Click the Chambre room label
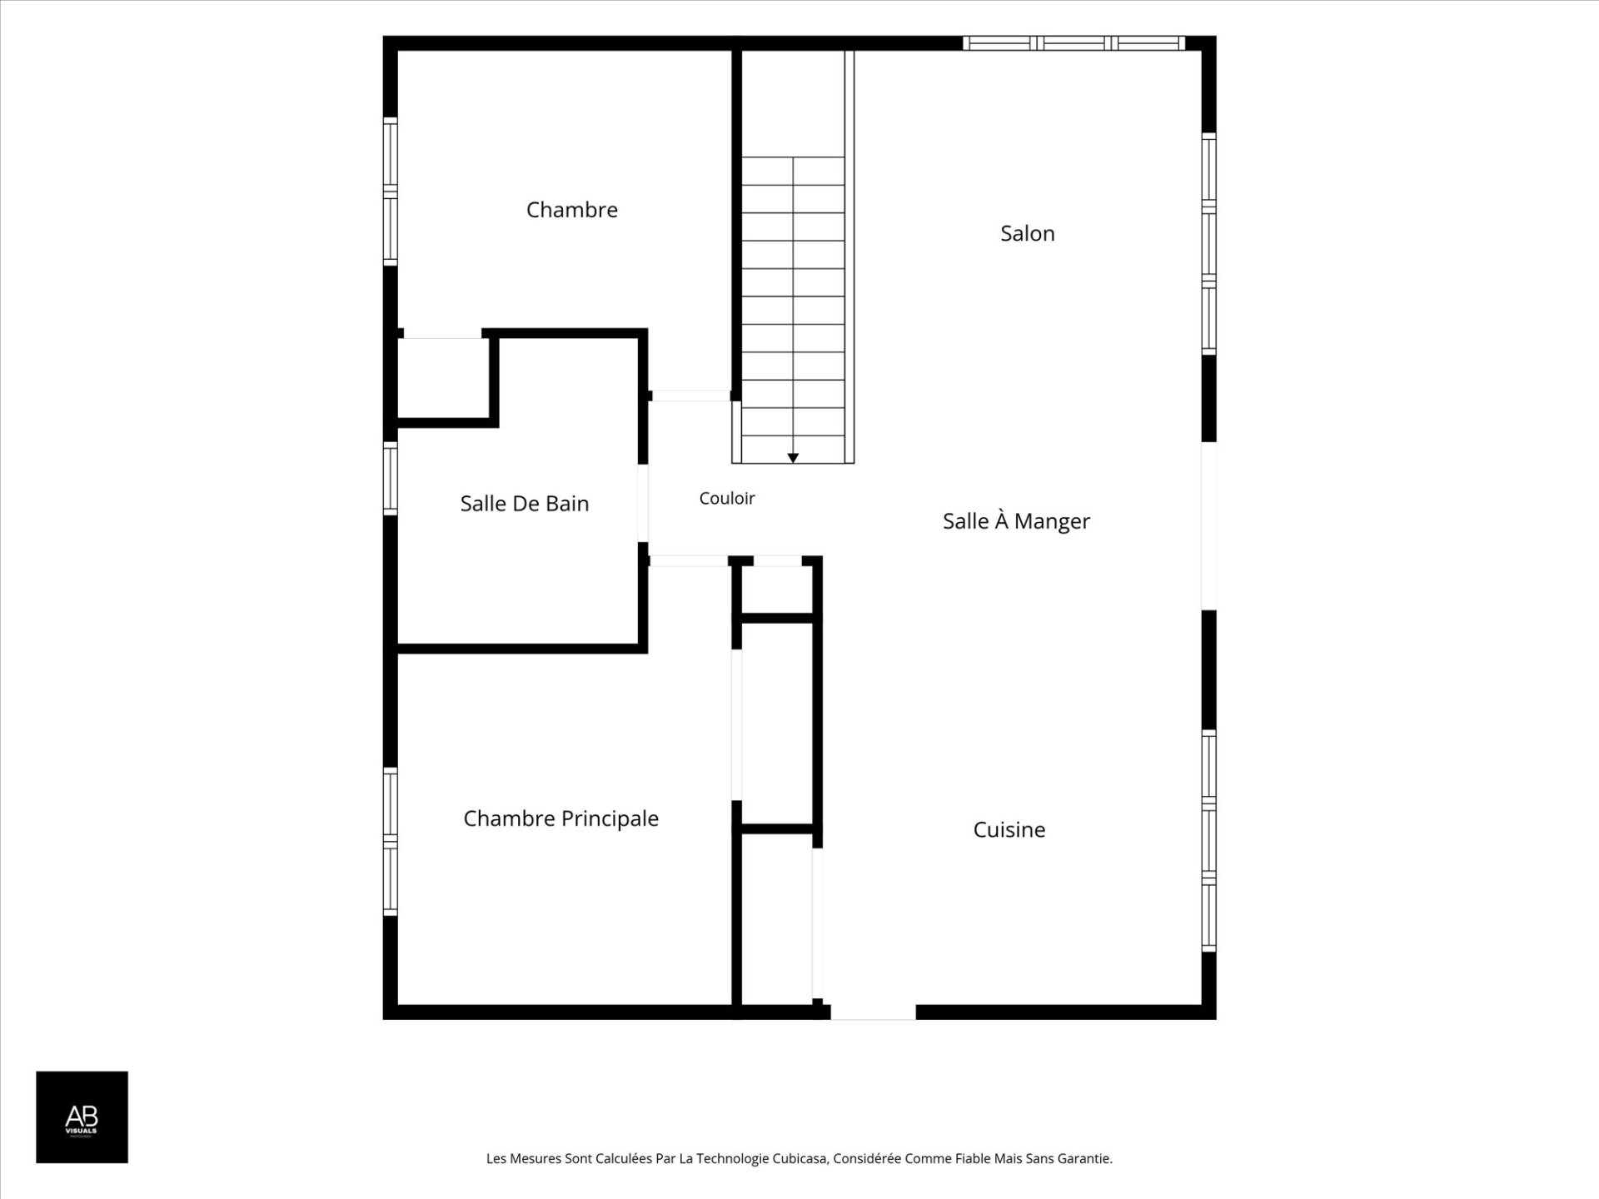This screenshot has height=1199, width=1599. tap(572, 210)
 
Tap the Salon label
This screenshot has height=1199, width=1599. tap(1028, 233)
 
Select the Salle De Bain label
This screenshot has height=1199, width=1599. tap(525, 504)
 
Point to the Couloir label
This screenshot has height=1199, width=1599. tap(727, 498)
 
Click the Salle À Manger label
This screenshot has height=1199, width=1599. tap(1016, 520)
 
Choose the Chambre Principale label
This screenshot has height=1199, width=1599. tap(560, 819)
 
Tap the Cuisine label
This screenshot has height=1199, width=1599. tap(1009, 829)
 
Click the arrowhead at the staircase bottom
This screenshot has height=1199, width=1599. tap(793, 458)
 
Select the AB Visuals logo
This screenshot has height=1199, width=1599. tap(82, 1117)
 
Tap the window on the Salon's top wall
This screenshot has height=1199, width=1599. tap(1074, 43)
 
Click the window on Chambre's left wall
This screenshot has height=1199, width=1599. tap(390, 191)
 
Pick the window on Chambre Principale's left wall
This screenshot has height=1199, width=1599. tap(390, 841)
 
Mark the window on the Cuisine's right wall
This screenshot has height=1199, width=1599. tap(1209, 840)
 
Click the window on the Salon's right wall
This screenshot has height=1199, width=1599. tap(1209, 243)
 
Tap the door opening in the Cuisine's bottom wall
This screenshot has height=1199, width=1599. tap(873, 1012)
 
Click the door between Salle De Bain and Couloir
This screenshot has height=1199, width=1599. tap(643, 503)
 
